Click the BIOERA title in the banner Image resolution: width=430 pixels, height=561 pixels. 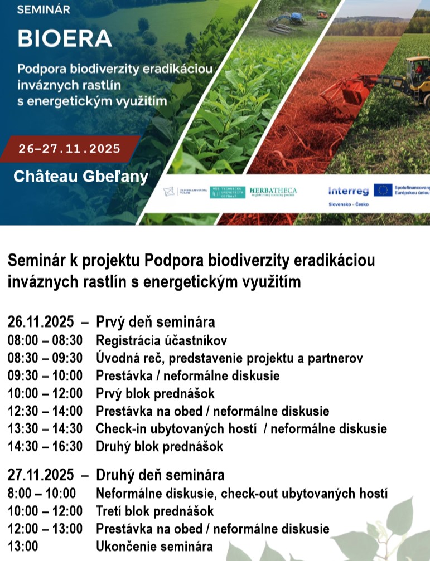[65, 38]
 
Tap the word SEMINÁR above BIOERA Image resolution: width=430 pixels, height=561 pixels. [43, 9]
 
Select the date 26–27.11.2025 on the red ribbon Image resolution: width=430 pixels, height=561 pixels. [69, 149]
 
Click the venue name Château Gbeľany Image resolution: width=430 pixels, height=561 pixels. [81, 177]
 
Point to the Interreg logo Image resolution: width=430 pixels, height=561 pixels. [349, 191]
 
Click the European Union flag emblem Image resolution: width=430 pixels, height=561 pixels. [383, 190]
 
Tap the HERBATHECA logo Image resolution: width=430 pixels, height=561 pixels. [273, 192]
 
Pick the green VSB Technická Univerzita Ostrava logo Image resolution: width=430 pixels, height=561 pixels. [227, 192]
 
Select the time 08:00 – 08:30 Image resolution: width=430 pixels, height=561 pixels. [45, 340]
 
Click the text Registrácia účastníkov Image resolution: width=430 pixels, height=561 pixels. [161, 340]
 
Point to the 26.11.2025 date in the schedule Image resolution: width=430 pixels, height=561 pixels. [41, 322]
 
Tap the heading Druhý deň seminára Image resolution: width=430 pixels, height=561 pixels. [160, 475]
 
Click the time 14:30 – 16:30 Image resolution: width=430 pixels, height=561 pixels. [45, 446]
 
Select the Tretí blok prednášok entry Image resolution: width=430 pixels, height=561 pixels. [154, 510]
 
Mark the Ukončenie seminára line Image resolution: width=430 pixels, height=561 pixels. [154, 546]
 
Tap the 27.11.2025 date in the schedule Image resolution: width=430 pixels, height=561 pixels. [41, 475]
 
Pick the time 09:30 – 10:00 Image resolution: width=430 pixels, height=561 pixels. [45, 375]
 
